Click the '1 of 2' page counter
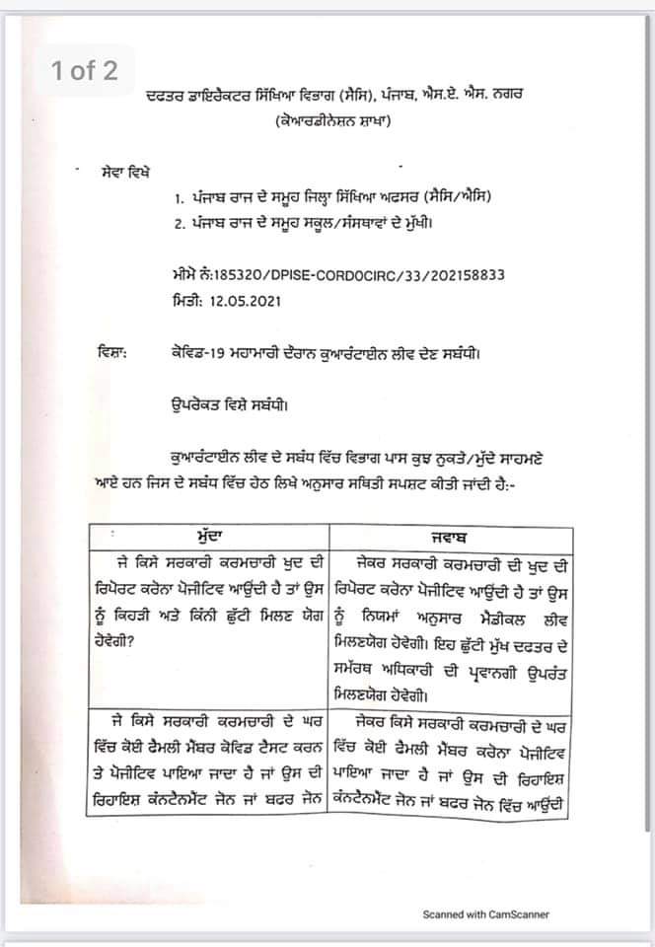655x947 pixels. pos(84,71)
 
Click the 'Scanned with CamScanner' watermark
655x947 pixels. pos(486,914)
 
